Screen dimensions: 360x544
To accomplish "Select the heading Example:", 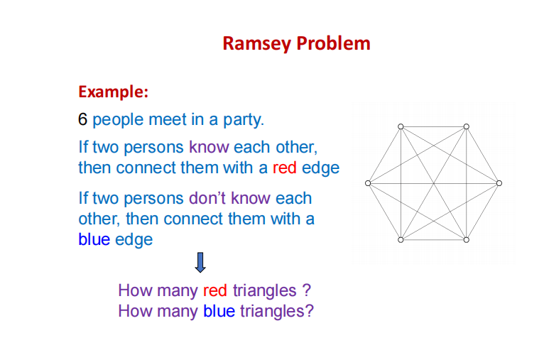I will (x=114, y=92).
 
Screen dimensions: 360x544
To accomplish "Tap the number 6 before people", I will (x=83, y=119).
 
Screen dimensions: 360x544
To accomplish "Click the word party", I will (x=245, y=120).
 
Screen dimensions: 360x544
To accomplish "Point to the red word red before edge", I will (x=285, y=168).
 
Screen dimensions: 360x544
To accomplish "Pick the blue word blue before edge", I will (x=94, y=239).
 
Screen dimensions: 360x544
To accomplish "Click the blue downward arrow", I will (x=200, y=263).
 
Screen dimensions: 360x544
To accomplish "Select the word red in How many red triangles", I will (x=216, y=290).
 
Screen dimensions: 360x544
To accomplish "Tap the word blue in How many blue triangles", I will (x=219, y=311).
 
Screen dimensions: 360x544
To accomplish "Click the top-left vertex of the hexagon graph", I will (x=401, y=126).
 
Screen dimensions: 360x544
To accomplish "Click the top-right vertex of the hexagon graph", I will (x=467, y=126).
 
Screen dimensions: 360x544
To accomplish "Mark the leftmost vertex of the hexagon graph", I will (x=368, y=183).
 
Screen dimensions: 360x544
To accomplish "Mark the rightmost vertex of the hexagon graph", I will (x=499, y=183).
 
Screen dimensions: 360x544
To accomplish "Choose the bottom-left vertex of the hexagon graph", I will (x=401, y=240).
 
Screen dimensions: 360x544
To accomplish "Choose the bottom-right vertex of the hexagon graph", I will (x=467, y=240).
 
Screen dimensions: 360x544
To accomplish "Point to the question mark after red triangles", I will (x=306, y=290).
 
